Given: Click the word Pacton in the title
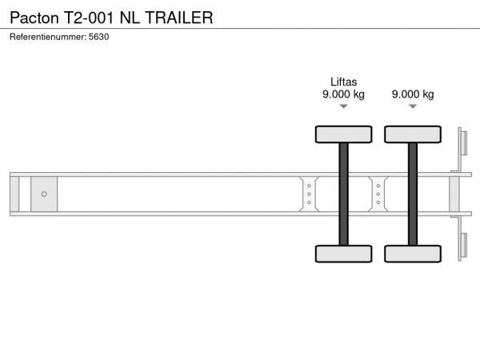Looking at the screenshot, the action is point(34,18).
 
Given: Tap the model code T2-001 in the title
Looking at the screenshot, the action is point(89,18).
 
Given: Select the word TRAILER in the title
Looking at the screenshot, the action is point(179,18).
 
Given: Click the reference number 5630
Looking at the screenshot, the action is point(98,37).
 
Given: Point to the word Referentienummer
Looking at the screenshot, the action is point(48,37).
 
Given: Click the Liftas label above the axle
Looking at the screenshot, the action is point(343,82).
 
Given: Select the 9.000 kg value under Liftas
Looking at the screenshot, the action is point(343,94).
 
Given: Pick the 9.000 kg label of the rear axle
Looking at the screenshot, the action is point(413,94).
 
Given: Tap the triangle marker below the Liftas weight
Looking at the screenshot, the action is point(344,106).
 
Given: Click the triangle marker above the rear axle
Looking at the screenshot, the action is point(413,106).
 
